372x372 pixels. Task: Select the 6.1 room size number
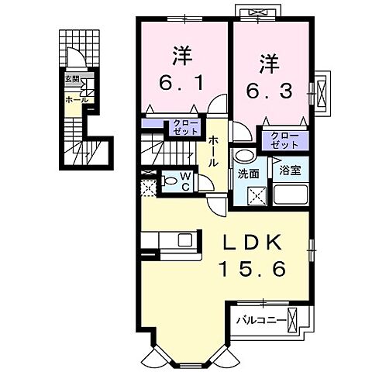(x=183, y=80)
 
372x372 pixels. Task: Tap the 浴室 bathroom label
(x=291, y=167)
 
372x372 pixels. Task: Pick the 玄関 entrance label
(x=71, y=79)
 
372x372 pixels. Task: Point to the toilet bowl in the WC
(x=169, y=182)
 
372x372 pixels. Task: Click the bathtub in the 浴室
(x=291, y=193)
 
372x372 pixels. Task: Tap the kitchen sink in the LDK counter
(x=185, y=239)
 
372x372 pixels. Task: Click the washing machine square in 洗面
(x=253, y=194)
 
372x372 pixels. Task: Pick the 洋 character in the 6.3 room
(x=268, y=58)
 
